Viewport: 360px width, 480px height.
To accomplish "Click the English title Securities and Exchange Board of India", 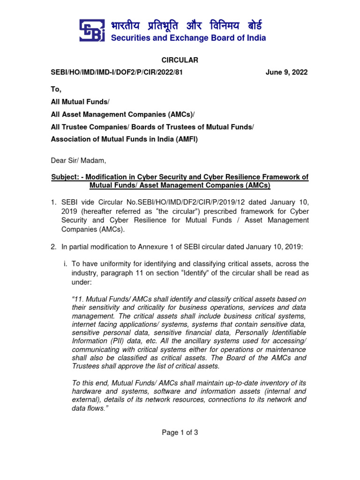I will (x=188, y=38).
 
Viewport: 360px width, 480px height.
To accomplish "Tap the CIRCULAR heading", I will (x=180, y=60).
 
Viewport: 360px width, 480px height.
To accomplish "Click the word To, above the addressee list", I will (x=56, y=89).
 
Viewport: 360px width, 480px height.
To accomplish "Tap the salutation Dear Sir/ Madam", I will (x=79, y=161).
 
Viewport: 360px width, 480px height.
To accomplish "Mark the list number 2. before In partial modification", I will (x=54, y=247).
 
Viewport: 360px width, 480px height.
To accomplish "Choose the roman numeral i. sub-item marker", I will (x=65, y=264).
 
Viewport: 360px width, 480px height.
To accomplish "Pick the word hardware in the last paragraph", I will (x=87, y=391).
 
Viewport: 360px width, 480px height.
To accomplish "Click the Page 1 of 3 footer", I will (x=180, y=433).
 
